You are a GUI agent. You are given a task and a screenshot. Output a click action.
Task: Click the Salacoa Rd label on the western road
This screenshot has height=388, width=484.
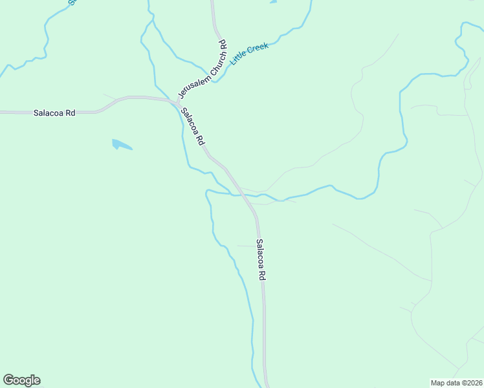(54, 113)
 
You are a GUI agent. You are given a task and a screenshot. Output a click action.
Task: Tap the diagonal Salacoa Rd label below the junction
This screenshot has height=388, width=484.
(193, 125)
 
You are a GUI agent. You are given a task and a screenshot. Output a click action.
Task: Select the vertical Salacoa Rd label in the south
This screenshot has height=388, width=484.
(261, 259)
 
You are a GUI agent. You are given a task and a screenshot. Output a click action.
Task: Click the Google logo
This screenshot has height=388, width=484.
(21, 380)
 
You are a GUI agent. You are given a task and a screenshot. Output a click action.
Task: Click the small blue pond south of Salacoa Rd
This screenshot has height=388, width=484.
(120, 144)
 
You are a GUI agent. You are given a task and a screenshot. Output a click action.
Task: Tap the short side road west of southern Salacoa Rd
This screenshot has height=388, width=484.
(246, 246)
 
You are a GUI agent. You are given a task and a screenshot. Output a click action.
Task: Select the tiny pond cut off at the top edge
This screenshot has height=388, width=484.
(273, 2)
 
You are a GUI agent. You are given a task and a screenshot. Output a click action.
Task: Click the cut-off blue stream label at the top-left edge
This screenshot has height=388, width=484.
(72, 2)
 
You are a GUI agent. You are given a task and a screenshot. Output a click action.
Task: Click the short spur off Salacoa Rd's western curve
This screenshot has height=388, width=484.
(109, 97)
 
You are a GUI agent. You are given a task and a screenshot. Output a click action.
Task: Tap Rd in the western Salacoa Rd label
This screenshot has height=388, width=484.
(70, 113)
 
